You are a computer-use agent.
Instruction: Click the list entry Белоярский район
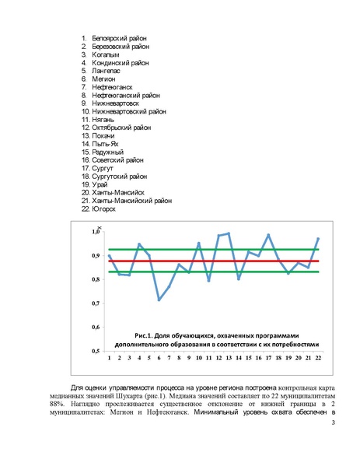tap(119, 37)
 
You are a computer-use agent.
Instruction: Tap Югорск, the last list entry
tap(107, 208)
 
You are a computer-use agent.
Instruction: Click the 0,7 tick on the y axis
tap(96, 303)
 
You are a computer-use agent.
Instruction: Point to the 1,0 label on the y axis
tap(96, 232)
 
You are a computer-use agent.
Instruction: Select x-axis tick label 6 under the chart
tap(159, 358)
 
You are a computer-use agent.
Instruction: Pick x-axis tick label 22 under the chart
tap(318, 358)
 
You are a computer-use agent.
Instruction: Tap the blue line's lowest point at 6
tap(159, 300)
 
